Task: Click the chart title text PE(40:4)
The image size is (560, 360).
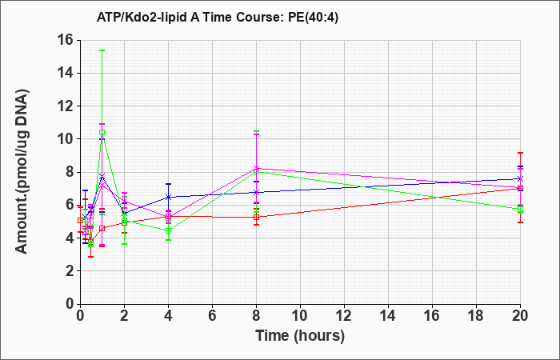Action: pyautogui.click(x=313, y=17)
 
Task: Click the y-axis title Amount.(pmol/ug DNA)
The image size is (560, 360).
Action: pyautogui.click(x=22, y=172)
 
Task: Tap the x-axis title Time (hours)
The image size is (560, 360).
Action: pyautogui.click(x=300, y=336)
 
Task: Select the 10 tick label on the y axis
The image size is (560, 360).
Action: pyautogui.click(x=66, y=139)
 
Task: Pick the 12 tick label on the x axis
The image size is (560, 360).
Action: pyautogui.click(x=344, y=316)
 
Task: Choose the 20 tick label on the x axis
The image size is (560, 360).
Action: pyautogui.click(x=520, y=316)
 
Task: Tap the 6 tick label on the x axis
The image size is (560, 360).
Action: pyautogui.click(x=213, y=316)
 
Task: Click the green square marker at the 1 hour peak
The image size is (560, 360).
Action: pyautogui.click(x=102, y=133)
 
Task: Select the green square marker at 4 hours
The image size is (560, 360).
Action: pyautogui.click(x=169, y=231)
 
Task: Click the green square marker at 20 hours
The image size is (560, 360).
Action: pyautogui.click(x=520, y=210)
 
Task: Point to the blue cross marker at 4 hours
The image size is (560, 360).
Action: pyautogui.click(x=169, y=197)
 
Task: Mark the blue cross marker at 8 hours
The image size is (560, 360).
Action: pyautogui.click(x=257, y=192)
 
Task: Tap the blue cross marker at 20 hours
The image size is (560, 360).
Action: pyautogui.click(x=520, y=178)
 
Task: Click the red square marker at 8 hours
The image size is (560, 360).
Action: pyautogui.click(x=257, y=217)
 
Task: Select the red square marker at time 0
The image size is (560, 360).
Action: pyautogui.click(x=80, y=220)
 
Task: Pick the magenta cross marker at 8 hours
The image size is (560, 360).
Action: pyautogui.click(x=257, y=168)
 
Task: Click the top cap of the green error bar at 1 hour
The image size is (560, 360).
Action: pyautogui.click(x=102, y=50)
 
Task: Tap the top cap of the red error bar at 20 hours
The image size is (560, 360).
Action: pyautogui.click(x=520, y=153)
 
